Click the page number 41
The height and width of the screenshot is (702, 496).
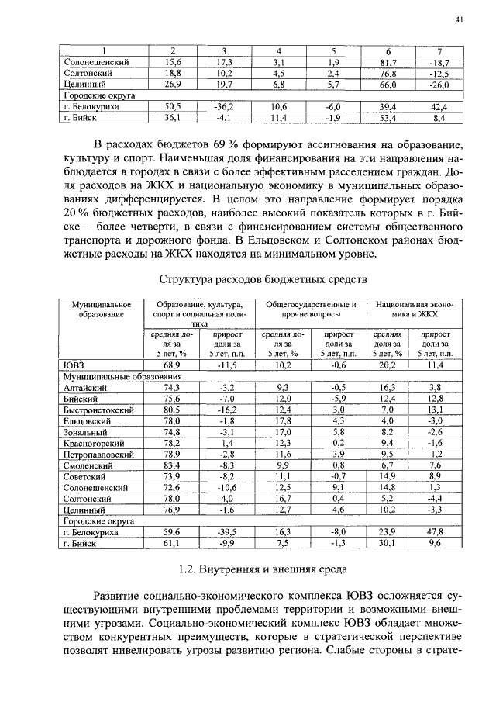(x=460, y=21)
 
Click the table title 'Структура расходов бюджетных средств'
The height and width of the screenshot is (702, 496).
(x=260, y=278)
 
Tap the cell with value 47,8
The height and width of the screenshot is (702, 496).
(x=436, y=532)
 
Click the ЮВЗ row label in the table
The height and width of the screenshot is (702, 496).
(x=74, y=364)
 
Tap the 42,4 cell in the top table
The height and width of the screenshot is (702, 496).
(x=438, y=106)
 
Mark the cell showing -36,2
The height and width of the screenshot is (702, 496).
(x=225, y=106)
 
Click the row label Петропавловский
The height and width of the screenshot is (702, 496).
(x=99, y=453)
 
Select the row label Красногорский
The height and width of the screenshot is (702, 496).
(x=95, y=442)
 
